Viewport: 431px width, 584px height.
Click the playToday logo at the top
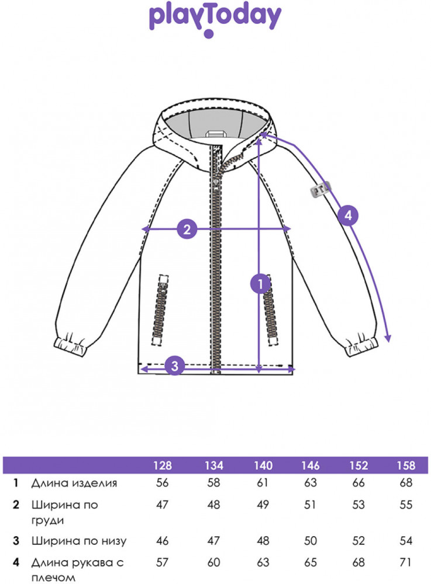pyautogui.click(x=215, y=19)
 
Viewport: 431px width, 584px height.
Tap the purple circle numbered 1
pyautogui.click(x=259, y=284)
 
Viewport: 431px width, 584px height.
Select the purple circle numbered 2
pyautogui.click(x=187, y=229)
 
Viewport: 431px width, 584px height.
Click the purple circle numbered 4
pyautogui.click(x=348, y=215)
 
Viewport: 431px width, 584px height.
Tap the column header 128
pyautogui.click(x=163, y=465)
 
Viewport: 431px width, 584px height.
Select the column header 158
pyautogui.click(x=405, y=465)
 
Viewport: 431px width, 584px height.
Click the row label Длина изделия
pyautogui.click(x=74, y=483)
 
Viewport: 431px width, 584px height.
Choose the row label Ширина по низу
pyautogui.click(x=78, y=541)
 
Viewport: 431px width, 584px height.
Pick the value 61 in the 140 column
pyautogui.click(x=261, y=483)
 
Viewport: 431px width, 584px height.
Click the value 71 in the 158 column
pyautogui.click(x=406, y=562)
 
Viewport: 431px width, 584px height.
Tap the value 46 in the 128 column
pyautogui.click(x=163, y=541)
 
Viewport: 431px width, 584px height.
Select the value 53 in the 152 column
pyautogui.click(x=358, y=505)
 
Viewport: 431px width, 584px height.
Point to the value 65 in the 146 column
pyautogui.click(x=311, y=562)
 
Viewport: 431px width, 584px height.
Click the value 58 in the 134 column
pyautogui.click(x=213, y=483)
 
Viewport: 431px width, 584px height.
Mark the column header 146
pyautogui.click(x=311, y=465)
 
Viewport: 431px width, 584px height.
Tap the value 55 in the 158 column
pyautogui.click(x=406, y=505)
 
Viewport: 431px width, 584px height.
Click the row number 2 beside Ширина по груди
pyautogui.click(x=17, y=505)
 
